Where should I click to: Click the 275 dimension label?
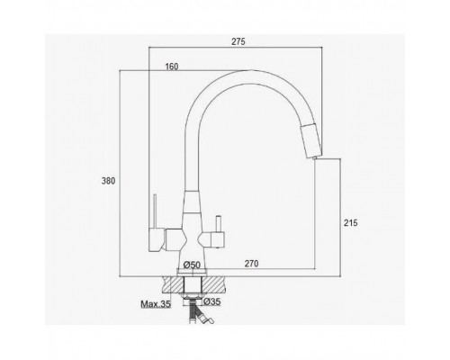coord(238,41)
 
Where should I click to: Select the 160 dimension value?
coord(172,67)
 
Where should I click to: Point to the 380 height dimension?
coord(108,181)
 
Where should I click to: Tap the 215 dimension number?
coord(351,223)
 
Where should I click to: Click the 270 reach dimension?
coord(251,264)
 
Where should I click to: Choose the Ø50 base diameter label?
coord(192,265)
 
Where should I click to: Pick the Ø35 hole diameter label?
coord(212,301)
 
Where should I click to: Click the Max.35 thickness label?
coord(156,304)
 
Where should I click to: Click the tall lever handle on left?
coord(155,223)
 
